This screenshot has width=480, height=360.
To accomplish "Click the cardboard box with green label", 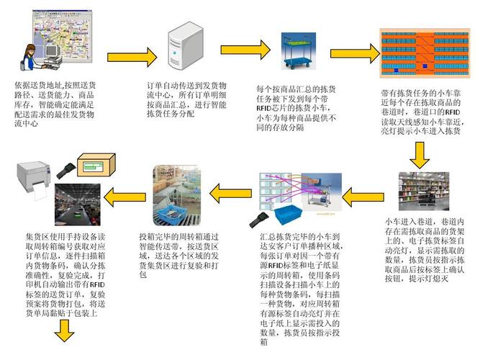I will click(x=93, y=166).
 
